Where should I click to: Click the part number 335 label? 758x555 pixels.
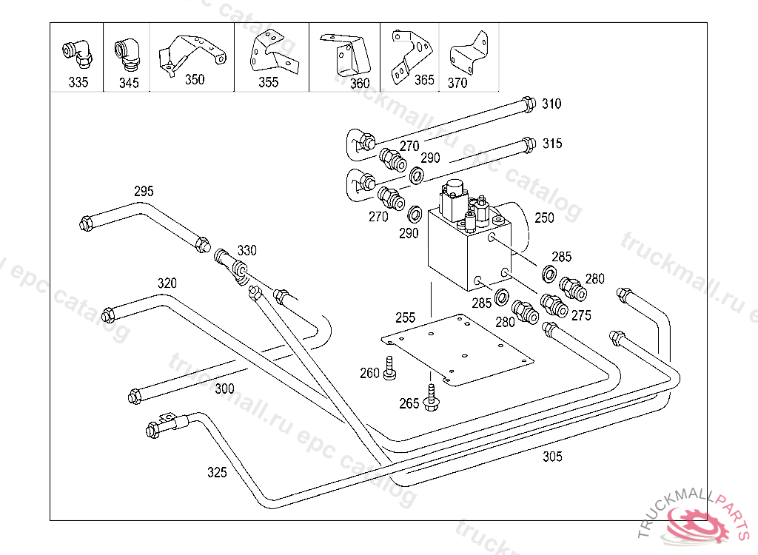[78, 83]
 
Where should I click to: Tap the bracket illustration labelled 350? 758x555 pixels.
[190, 52]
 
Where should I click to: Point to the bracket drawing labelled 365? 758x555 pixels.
[409, 52]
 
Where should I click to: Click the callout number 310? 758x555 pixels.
[551, 104]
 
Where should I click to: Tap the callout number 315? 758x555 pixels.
[552, 143]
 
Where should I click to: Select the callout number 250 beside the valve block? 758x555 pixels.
[544, 218]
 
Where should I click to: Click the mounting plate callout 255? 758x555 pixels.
[405, 317]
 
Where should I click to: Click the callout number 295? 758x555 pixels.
[144, 192]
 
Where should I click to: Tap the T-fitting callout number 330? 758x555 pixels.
[246, 251]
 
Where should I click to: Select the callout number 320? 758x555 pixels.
[167, 283]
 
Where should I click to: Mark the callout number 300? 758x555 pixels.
[224, 388]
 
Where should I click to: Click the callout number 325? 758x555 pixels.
[217, 471]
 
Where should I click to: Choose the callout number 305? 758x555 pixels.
[552, 457]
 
